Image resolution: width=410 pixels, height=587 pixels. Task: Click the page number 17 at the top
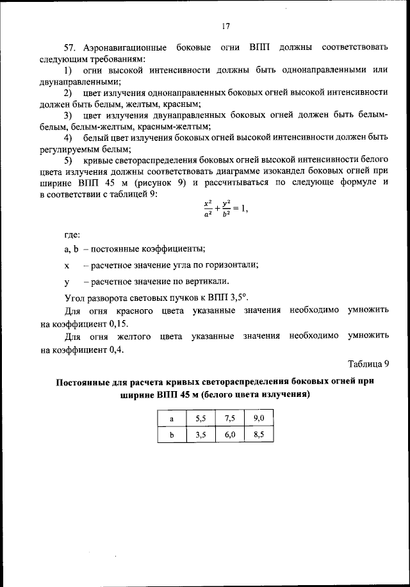point(225,26)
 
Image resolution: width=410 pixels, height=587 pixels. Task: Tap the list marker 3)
point(68,115)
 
